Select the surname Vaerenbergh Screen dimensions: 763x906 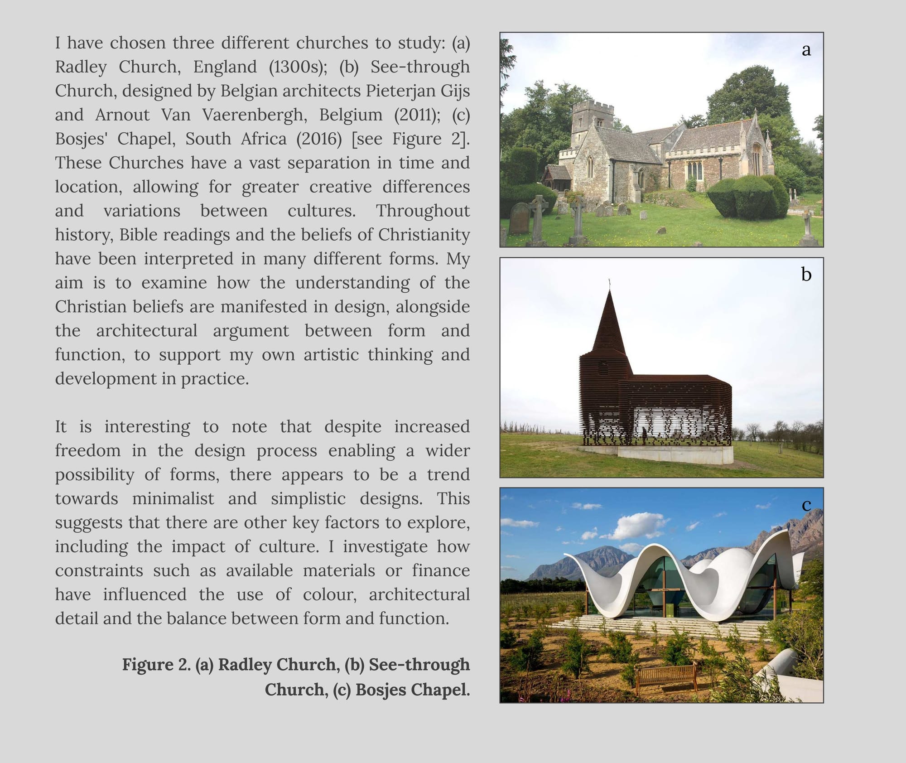[254, 115]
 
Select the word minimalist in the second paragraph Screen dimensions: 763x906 [173, 498]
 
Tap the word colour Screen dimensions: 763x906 [329, 594]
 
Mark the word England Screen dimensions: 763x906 [225, 67]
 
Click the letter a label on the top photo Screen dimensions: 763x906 [806, 49]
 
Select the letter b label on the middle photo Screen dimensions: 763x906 [806, 274]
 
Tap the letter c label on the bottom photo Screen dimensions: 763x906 [806, 505]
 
